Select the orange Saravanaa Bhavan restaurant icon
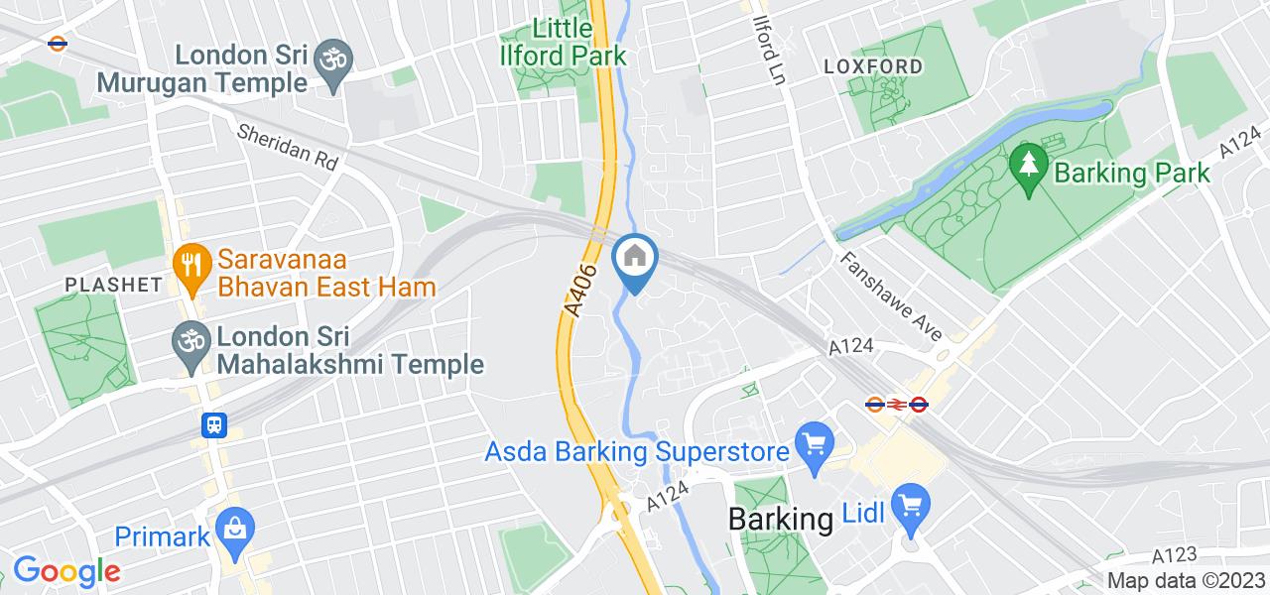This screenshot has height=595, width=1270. pyautogui.click(x=188, y=263)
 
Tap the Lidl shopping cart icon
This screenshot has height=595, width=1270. pyautogui.click(x=910, y=506)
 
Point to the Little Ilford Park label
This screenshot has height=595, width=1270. pyautogui.click(x=565, y=41)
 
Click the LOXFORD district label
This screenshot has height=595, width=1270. pyautogui.click(x=873, y=66)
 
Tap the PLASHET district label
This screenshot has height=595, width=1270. pyautogui.click(x=113, y=285)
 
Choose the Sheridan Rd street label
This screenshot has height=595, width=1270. pyautogui.click(x=288, y=146)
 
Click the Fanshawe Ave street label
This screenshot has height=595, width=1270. pyautogui.click(x=890, y=295)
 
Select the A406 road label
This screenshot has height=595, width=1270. pyautogui.click(x=582, y=290)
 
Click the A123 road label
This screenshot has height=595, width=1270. pyautogui.click(x=1175, y=555)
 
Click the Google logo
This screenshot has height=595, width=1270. pyautogui.click(x=66, y=571)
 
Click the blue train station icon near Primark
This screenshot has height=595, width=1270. pyautogui.click(x=214, y=425)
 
